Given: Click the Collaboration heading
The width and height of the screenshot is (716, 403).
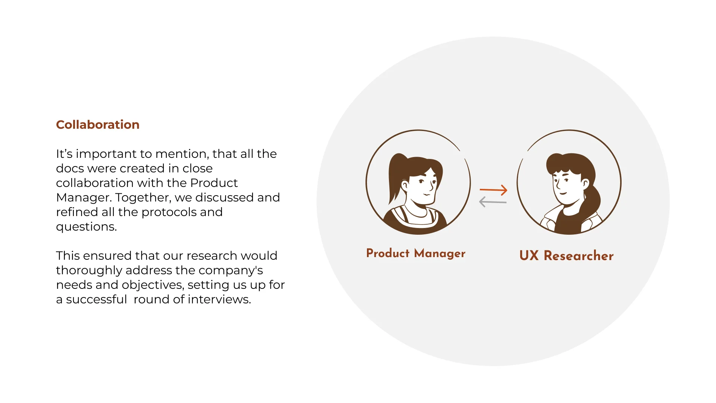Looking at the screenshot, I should [98, 125].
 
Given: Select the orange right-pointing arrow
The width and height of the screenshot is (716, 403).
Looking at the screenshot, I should [493, 190].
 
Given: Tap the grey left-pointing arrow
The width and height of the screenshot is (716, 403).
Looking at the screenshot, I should [493, 202].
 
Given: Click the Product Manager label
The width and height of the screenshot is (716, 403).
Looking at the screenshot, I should [415, 253].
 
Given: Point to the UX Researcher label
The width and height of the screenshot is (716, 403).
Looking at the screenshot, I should [566, 256].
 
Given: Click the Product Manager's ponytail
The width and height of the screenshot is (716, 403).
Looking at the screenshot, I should [395, 175].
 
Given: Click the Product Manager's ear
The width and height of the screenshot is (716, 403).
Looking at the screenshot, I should [405, 185].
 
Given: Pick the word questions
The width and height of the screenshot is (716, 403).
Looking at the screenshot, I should [86, 227].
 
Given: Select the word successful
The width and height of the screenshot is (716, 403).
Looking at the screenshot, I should [97, 299].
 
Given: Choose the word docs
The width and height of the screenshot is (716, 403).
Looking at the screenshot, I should [70, 168].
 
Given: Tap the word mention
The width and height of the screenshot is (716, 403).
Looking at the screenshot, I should [182, 154].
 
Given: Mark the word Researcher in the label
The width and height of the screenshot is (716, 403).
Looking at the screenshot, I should [578, 256].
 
